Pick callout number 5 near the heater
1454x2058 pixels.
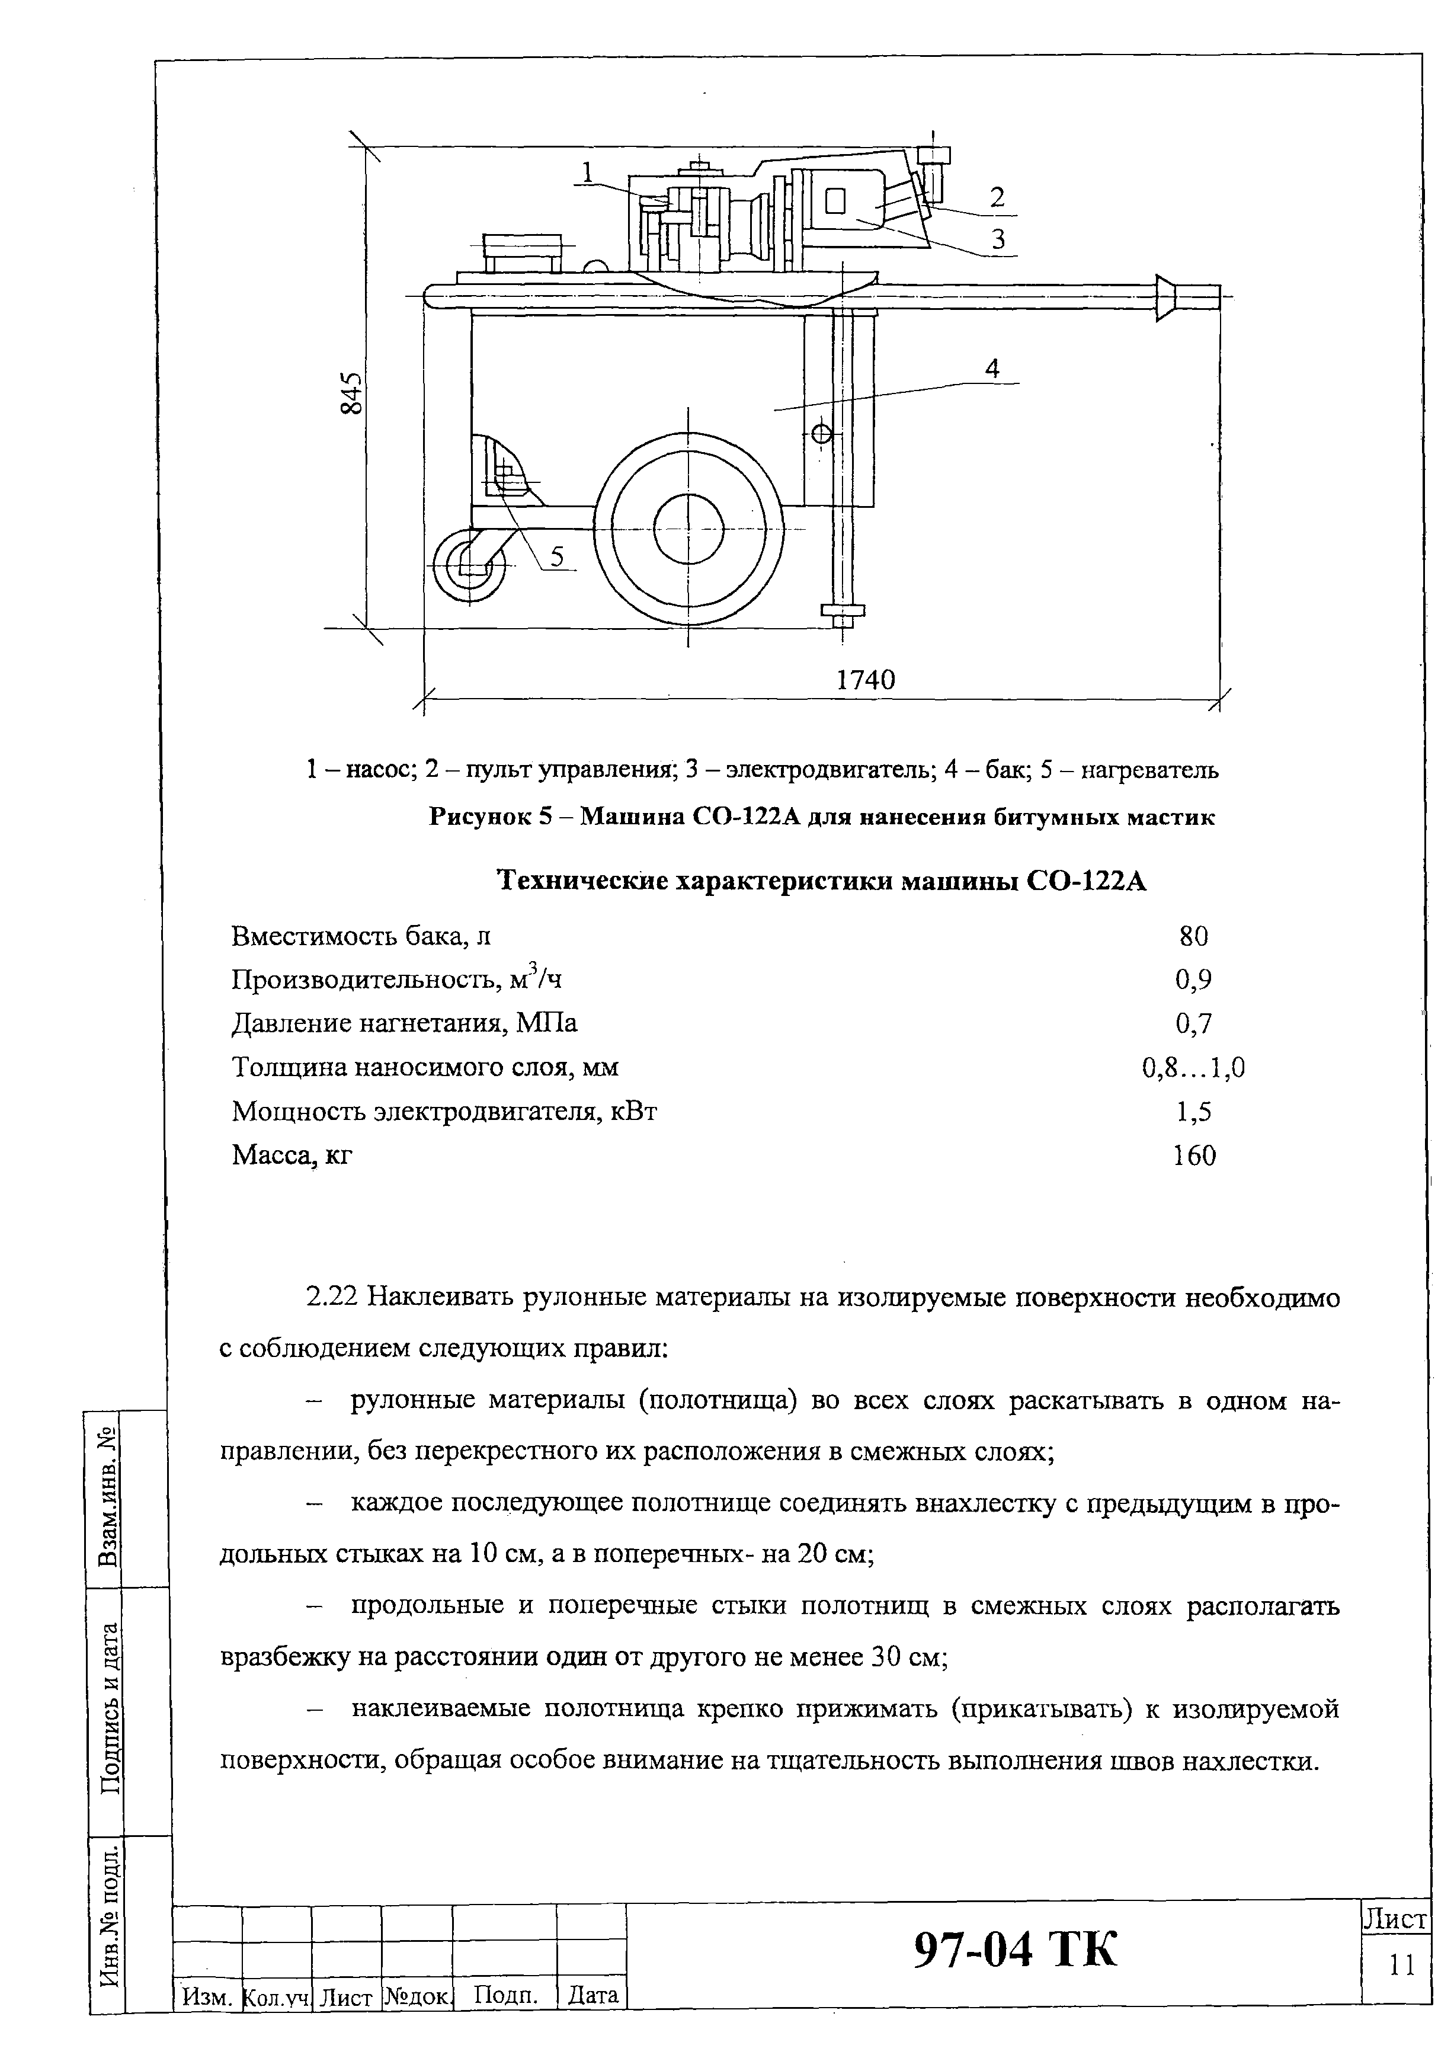[x=558, y=556]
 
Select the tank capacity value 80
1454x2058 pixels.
[x=1194, y=937]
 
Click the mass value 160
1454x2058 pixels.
[x=1194, y=1156]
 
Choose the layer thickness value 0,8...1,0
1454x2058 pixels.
[x=1193, y=1068]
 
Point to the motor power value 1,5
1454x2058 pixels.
[x=1194, y=1112]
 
